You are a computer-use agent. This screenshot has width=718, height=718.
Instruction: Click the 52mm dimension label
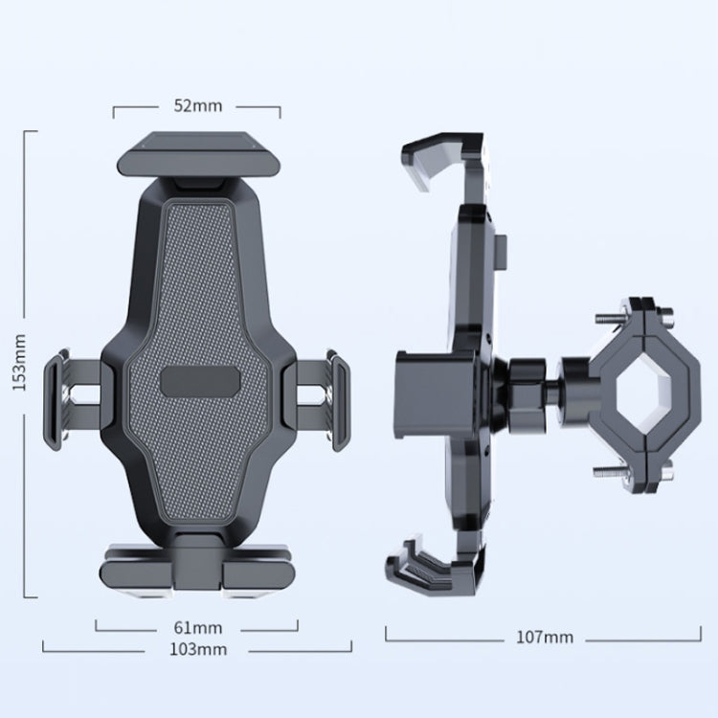(196, 105)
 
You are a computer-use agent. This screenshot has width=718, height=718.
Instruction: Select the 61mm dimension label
(198, 628)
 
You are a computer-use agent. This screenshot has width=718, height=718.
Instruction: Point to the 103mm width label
(198, 649)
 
